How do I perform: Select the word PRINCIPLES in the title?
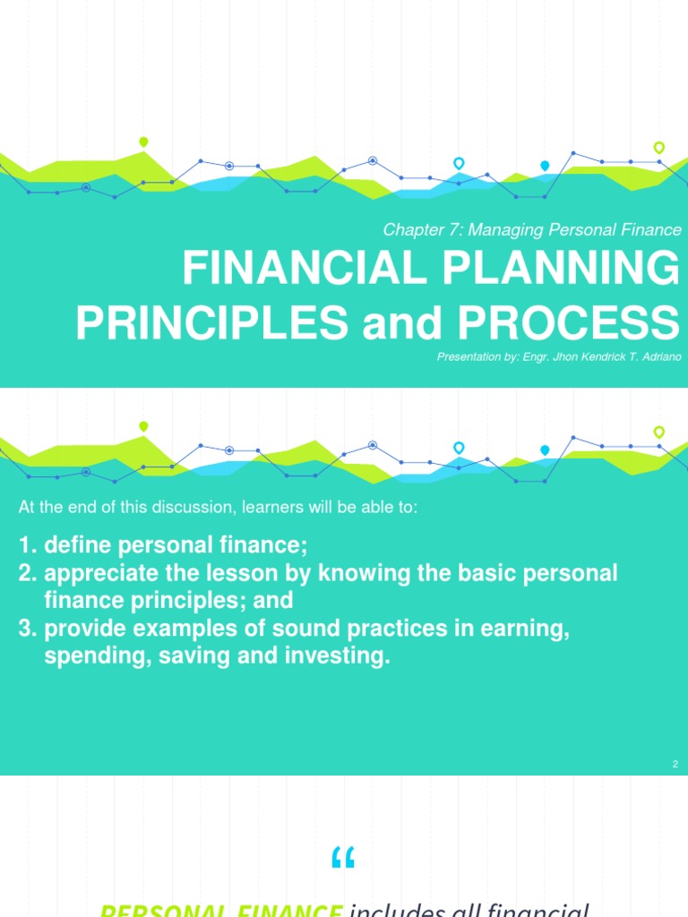tap(212, 322)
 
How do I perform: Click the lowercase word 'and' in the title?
tap(400, 322)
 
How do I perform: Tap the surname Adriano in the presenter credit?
tap(658, 356)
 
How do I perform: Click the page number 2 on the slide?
tap(674, 764)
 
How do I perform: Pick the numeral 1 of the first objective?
tap(25, 545)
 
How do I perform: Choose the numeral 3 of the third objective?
tap(25, 630)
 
